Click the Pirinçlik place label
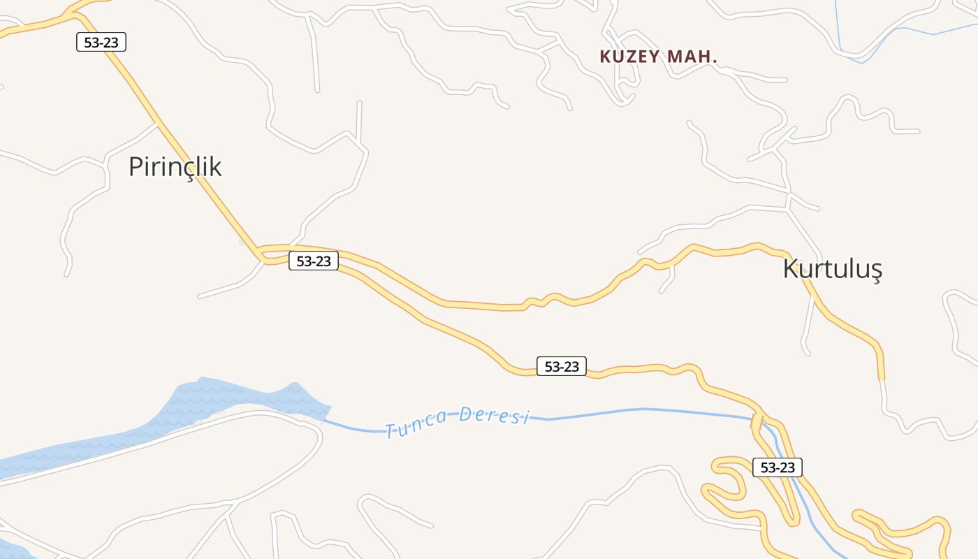[175, 167]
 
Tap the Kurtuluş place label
[833, 269]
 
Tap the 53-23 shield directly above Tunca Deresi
[562, 366]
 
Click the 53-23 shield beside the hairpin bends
[778, 467]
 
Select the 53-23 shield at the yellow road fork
[314, 261]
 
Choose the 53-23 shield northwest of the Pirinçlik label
[101, 42]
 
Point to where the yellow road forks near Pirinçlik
[261, 254]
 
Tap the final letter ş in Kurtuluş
[876, 270]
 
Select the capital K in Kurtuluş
[790, 269]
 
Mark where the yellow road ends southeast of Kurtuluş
[881, 377]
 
